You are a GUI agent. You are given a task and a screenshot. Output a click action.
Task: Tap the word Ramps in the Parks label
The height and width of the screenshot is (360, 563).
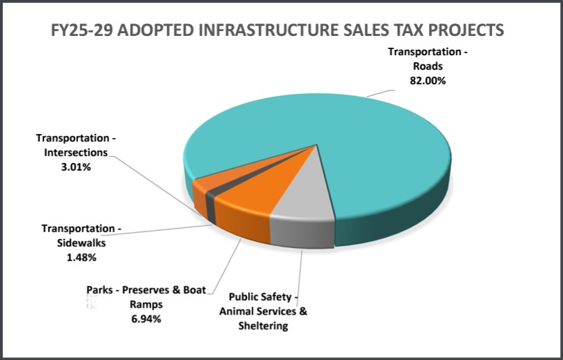(x=146, y=305)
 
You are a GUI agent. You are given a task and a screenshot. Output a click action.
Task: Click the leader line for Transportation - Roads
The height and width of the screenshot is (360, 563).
(x=381, y=92)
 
